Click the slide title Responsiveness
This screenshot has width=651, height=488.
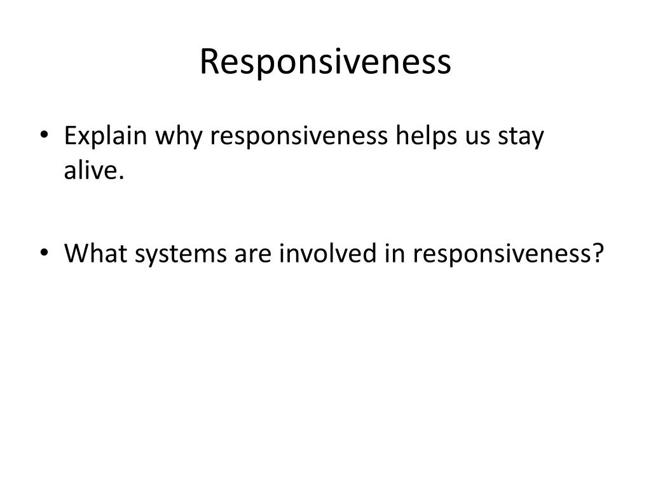point(325,62)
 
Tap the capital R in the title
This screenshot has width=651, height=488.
point(209,62)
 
